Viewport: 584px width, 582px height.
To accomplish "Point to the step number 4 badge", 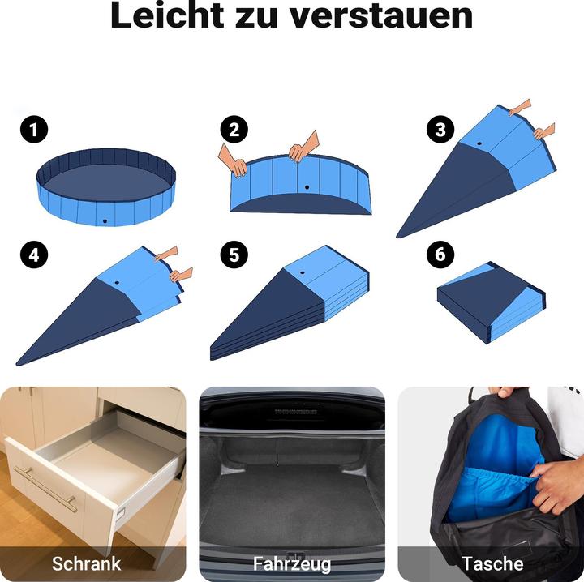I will pos(34,255).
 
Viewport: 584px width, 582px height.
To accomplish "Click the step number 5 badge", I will pos(234,255).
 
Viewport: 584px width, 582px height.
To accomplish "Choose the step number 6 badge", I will pos(440,255).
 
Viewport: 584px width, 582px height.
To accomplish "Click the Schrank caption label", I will pos(86,563).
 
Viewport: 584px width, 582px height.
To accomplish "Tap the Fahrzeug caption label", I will pos(292,563).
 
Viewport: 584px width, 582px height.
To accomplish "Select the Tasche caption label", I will pos(492,563).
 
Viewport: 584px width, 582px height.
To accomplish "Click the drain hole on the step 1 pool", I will pos(104,220).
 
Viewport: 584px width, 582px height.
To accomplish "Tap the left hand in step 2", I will pos(234,162).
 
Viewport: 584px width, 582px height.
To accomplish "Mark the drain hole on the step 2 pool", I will pos(307,188).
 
